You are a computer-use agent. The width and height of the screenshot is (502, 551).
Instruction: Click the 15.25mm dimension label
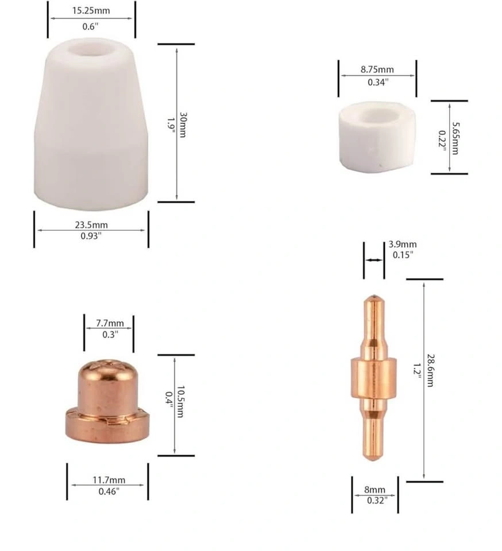coord(91,10)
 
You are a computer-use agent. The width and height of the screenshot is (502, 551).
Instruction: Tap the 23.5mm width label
coord(91,224)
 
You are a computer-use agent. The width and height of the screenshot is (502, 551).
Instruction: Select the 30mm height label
coord(183,125)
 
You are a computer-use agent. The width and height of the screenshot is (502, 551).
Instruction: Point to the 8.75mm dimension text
coord(377,69)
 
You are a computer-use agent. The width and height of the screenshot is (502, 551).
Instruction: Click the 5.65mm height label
coord(455,138)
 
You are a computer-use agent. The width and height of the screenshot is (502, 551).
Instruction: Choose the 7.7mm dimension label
coord(110,323)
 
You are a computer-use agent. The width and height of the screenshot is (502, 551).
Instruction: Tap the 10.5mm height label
coord(180,402)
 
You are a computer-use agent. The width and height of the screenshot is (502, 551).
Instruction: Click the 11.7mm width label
coord(109,480)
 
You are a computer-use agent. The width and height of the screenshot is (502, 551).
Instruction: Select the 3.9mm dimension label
coord(403,245)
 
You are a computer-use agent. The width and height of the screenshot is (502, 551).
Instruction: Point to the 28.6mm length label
coord(430,370)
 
